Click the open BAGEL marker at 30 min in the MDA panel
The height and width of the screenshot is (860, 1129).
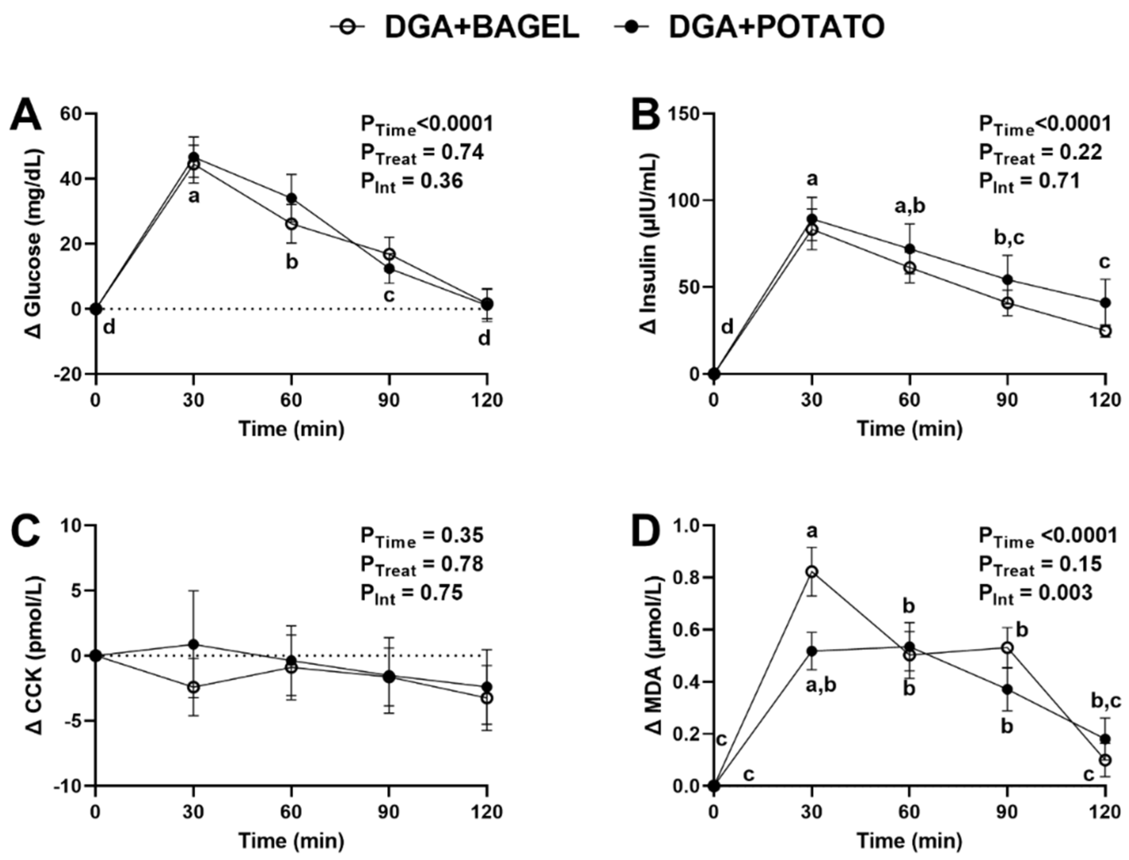coord(812,572)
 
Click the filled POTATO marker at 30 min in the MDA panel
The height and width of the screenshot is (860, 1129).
coord(812,651)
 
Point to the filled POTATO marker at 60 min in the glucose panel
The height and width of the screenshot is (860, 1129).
coord(291,198)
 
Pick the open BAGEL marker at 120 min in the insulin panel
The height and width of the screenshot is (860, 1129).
coord(1105,331)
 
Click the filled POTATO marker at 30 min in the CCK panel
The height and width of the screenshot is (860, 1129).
coord(194,644)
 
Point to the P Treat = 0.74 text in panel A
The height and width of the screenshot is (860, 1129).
coord(422,154)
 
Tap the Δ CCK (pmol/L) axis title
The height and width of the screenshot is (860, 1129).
coord(35,655)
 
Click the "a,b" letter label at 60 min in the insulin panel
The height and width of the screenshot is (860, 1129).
coord(909,206)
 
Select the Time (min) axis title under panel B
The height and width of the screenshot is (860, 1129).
coord(909,429)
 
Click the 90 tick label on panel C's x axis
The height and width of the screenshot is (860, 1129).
coord(389,813)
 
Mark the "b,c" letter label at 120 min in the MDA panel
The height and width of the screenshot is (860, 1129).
coord(1105,701)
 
